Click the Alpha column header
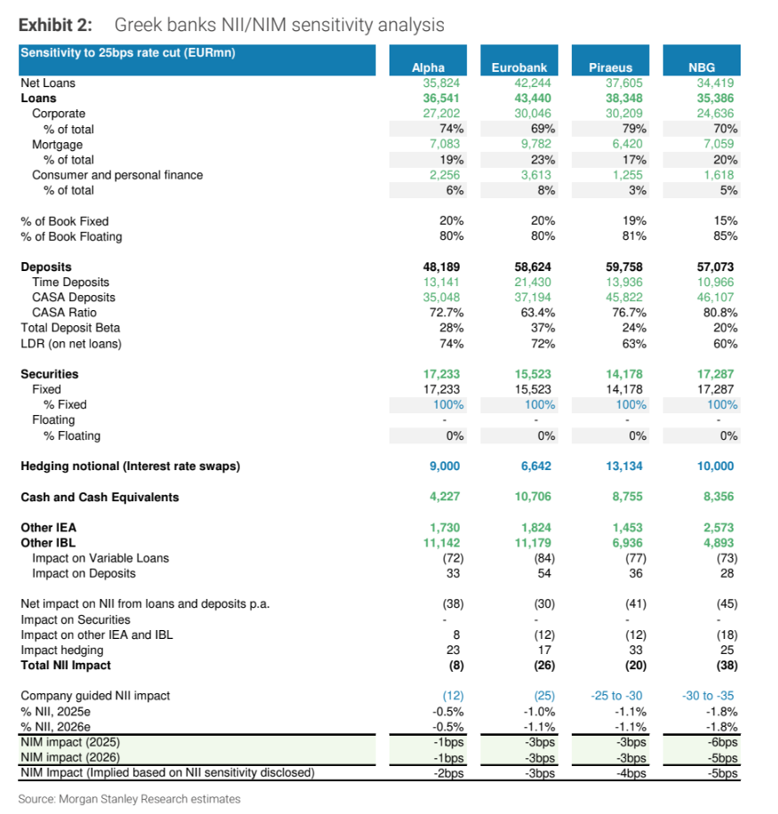pos(428,68)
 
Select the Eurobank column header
pos(519,68)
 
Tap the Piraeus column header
pos(610,68)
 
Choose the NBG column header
pos(702,68)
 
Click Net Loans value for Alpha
pos(441,83)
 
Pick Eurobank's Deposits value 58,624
pos(533,267)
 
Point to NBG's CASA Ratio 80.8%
pos(718,313)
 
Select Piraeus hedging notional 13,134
pos(624,467)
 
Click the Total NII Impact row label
pos(66,666)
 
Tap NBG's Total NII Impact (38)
pos(726,666)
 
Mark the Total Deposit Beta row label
pos(70,328)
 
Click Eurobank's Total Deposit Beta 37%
pos(542,328)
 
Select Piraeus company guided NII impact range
pos(616,696)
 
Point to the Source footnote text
pos(129,799)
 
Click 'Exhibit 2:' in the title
pos(55,25)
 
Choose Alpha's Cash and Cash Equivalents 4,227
pos(445,497)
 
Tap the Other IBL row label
pos(48,543)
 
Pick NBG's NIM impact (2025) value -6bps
pos(722,742)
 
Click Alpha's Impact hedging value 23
pos(453,650)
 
